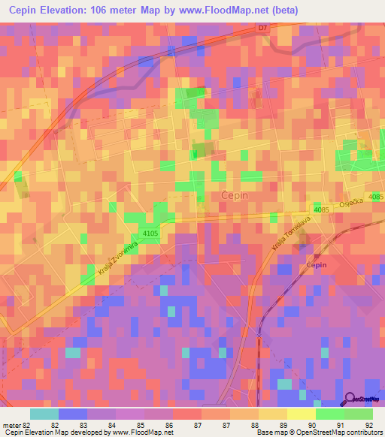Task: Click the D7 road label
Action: (262, 29)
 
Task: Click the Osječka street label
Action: (350, 203)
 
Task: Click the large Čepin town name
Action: (235, 194)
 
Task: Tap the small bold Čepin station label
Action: (317, 265)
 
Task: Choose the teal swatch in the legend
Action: (44, 414)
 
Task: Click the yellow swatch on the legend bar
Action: (302, 414)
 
